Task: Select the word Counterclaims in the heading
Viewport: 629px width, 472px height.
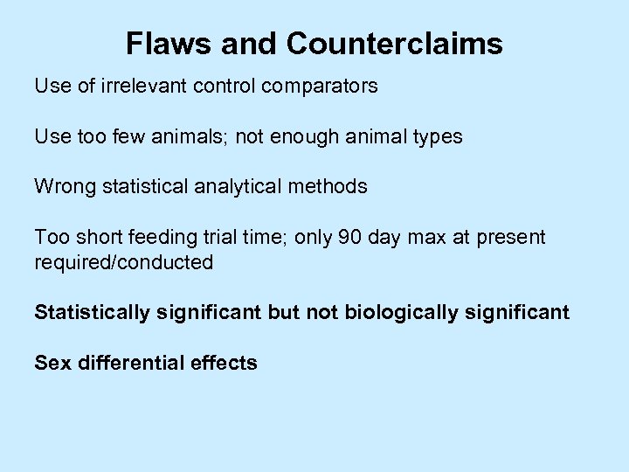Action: coord(394,44)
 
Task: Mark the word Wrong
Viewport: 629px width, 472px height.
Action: coord(63,186)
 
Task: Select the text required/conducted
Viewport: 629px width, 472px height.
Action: coord(123,262)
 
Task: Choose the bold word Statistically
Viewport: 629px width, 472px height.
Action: coord(92,312)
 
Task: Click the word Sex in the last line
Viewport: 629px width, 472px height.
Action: coord(53,363)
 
